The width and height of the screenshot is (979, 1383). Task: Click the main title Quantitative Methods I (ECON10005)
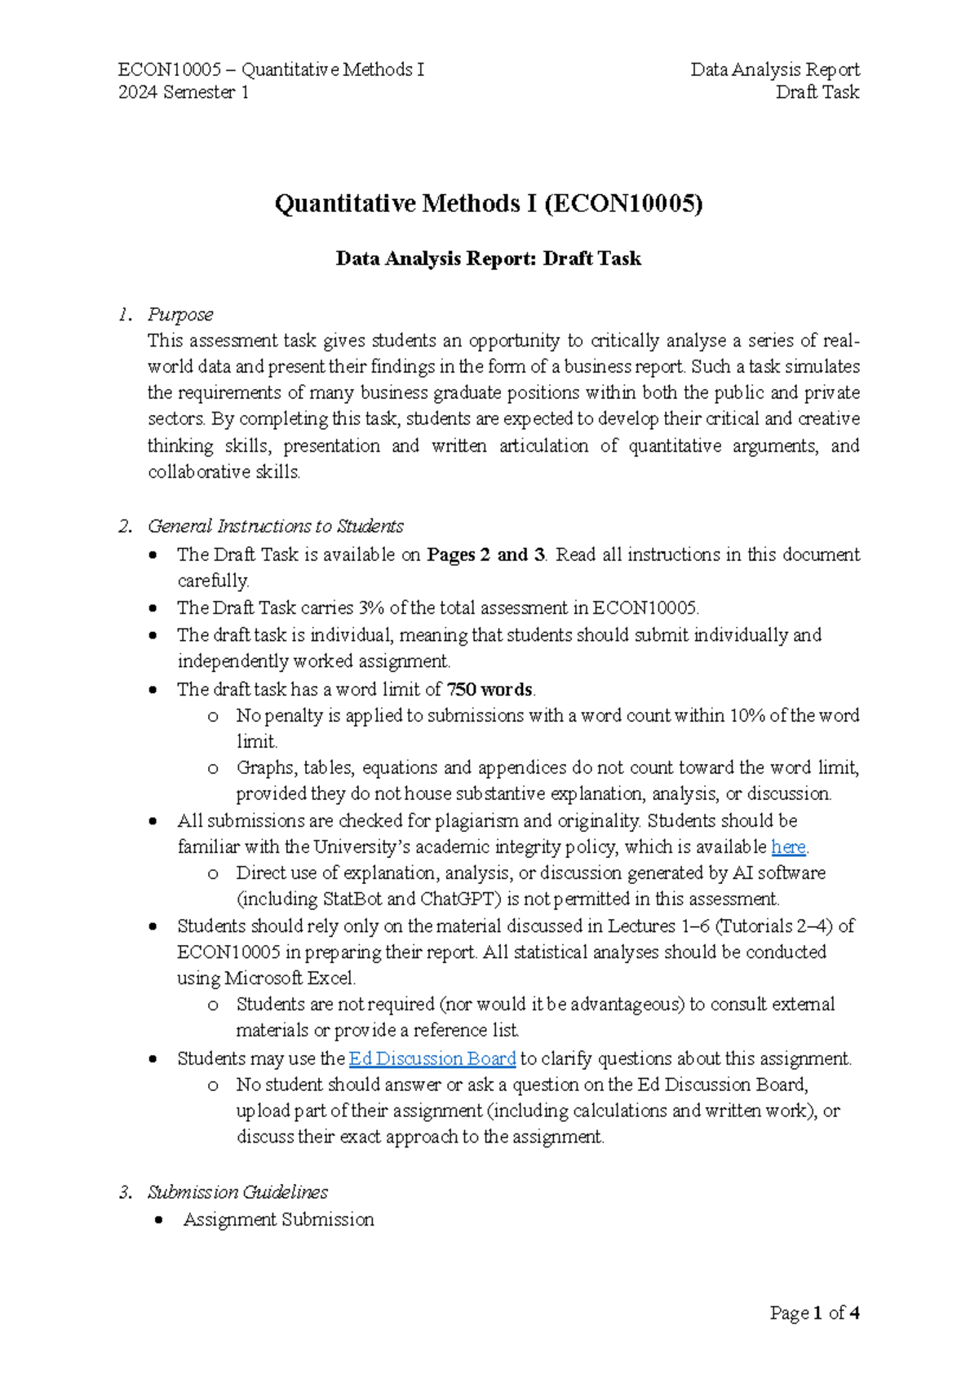(488, 203)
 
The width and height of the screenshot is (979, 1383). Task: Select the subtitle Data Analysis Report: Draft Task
(488, 258)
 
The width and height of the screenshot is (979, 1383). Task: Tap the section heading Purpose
(180, 314)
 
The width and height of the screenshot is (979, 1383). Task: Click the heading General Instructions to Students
(275, 526)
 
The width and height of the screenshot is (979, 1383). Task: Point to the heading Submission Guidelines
(237, 1192)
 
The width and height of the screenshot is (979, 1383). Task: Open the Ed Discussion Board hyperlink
(432, 1058)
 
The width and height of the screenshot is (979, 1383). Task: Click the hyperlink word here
(788, 847)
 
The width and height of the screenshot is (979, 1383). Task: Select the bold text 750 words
(489, 690)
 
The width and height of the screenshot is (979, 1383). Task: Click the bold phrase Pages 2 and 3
(486, 555)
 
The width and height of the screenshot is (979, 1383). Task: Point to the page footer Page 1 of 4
(814, 1313)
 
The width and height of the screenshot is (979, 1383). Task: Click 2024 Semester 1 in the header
(184, 92)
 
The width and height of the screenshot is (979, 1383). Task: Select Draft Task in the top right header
(817, 92)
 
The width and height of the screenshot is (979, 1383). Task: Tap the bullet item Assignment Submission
(278, 1220)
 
